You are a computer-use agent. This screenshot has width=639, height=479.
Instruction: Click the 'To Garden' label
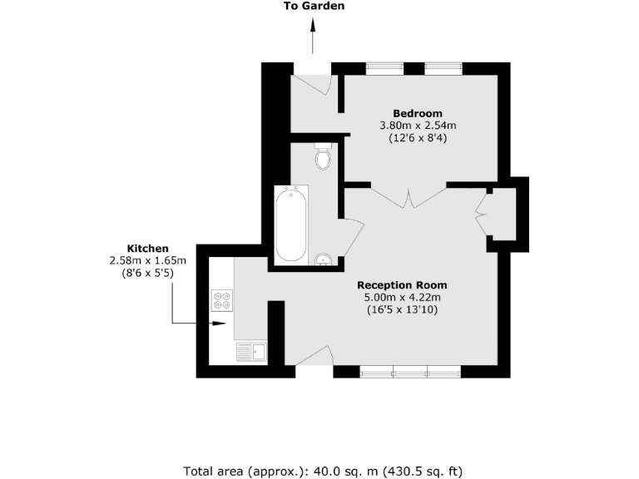[313, 6]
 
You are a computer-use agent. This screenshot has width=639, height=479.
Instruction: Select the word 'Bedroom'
[418, 113]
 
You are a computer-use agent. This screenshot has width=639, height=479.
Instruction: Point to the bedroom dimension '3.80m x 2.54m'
[418, 126]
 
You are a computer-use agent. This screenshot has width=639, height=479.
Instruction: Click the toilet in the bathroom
[323, 156]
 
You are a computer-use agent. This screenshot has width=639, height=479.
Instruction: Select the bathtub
[291, 224]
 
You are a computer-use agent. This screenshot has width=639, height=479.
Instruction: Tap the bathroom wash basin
[323, 259]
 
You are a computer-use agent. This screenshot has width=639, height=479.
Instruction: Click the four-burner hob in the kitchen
[221, 299]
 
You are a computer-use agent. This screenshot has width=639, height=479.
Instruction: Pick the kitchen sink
[250, 353]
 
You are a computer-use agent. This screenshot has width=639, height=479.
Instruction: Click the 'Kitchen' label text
[147, 249]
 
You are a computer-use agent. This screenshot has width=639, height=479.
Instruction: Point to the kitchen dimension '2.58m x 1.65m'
[147, 260]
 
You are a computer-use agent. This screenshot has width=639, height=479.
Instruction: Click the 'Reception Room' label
[403, 284]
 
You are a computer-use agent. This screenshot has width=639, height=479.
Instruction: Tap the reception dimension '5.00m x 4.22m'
[403, 297]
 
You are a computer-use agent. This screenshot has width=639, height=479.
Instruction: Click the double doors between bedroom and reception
[408, 198]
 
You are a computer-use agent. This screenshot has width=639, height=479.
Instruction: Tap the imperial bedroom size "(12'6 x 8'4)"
[418, 139]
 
